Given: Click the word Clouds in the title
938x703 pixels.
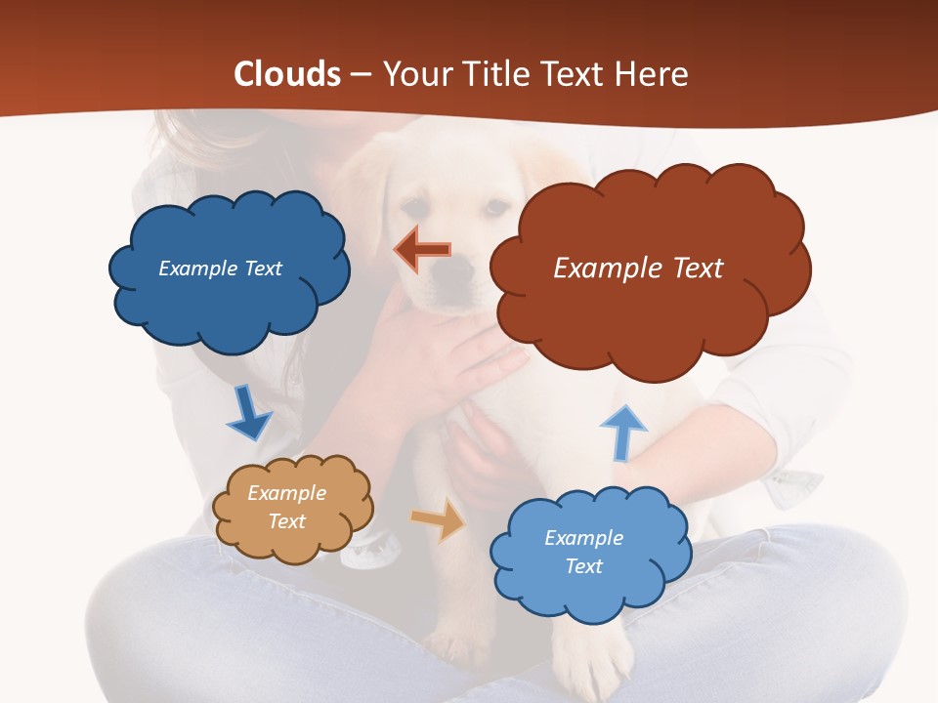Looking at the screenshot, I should click(x=287, y=74).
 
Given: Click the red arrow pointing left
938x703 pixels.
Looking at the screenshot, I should click(x=422, y=250).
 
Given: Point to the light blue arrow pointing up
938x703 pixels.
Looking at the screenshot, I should click(x=622, y=432).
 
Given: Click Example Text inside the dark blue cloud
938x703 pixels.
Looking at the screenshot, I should click(x=221, y=269).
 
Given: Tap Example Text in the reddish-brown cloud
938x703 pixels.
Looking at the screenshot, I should click(x=638, y=269).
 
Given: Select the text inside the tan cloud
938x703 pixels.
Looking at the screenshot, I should click(x=287, y=507).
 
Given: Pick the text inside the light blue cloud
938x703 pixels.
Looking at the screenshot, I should click(x=583, y=552).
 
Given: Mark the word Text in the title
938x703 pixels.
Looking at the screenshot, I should click(x=576, y=74).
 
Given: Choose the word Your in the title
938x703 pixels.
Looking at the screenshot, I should click(x=414, y=74).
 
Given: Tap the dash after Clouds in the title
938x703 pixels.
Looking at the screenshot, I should click(x=360, y=75).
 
